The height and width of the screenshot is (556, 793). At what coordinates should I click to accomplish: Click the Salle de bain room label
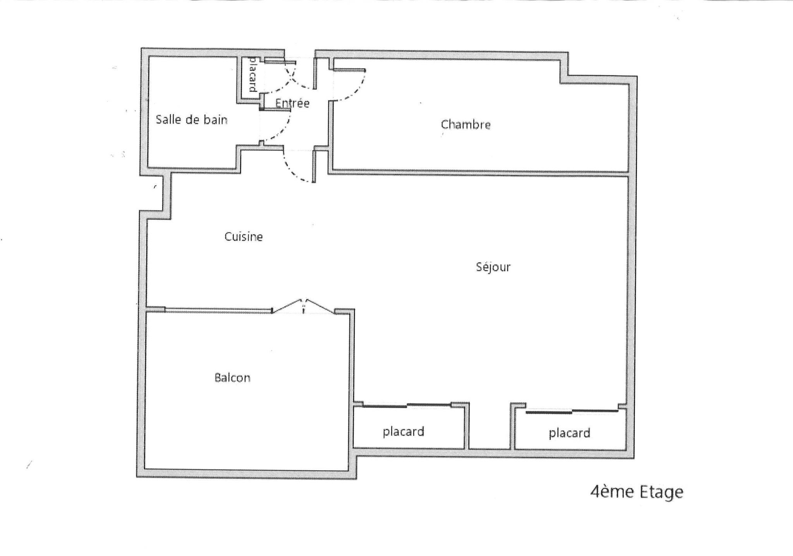pos(191,120)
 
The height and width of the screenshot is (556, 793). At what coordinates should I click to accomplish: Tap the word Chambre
pos(466,124)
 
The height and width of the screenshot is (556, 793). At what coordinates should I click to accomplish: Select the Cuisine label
pos(244,236)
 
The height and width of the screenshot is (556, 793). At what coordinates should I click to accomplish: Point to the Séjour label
pos(493,267)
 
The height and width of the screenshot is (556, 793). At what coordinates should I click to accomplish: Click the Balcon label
pos(232,377)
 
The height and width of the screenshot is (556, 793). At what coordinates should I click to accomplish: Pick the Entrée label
pos(292,103)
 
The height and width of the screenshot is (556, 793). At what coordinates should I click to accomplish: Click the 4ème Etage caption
pos(637,492)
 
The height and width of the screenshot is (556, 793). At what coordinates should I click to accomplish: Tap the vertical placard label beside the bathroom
pos(252,74)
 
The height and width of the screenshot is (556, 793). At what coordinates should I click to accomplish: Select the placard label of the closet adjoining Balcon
pos(403,432)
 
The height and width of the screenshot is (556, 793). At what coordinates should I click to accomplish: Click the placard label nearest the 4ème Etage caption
pos(570,433)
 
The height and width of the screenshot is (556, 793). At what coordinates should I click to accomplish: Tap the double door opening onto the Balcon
pos(303,306)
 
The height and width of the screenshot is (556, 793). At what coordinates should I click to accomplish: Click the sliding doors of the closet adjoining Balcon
pos(407,405)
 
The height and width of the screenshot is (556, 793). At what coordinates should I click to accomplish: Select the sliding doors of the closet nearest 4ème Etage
pos(572,411)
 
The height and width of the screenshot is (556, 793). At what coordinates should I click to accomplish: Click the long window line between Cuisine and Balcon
pos(218,310)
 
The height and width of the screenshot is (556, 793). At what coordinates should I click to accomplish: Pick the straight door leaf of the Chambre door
pos(349,70)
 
